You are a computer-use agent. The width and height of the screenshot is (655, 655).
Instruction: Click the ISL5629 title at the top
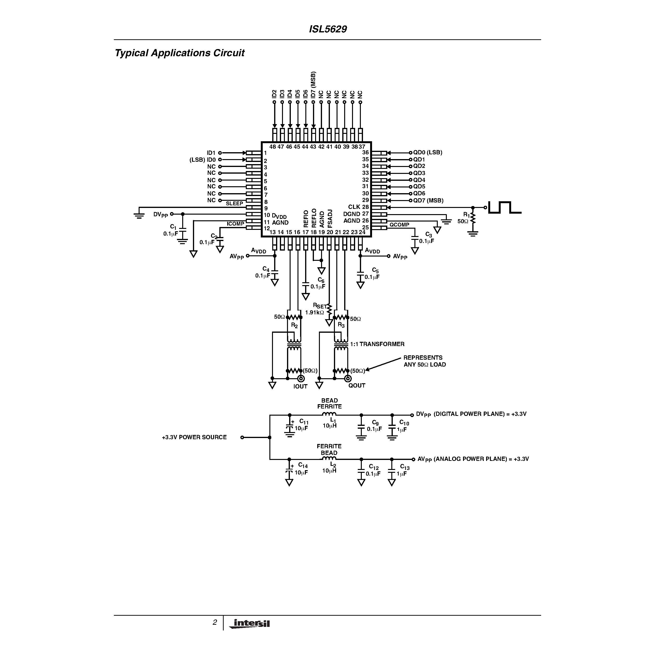(327, 29)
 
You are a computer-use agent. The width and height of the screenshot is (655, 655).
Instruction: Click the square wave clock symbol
(504, 207)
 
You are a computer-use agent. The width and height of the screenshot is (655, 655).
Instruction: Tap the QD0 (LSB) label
(428, 153)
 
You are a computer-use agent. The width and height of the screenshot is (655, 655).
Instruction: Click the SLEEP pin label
(234, 203)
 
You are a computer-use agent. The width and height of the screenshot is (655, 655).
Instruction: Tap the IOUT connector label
(300, 387)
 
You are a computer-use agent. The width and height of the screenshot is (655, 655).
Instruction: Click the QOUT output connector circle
(348, 379)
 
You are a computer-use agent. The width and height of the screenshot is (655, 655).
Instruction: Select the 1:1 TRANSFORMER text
(377, 344)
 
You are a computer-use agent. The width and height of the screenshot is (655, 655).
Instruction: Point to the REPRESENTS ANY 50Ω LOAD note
(424, 361)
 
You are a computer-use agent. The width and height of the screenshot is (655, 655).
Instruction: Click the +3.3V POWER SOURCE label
(194, 437)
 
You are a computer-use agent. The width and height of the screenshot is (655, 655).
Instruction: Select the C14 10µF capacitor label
(302, 469)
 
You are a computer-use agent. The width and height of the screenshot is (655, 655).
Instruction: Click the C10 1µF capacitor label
(403, 426)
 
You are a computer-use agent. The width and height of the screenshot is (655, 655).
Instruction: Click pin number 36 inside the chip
(365, 153)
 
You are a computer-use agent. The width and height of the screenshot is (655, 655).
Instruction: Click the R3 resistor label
(341, 325)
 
